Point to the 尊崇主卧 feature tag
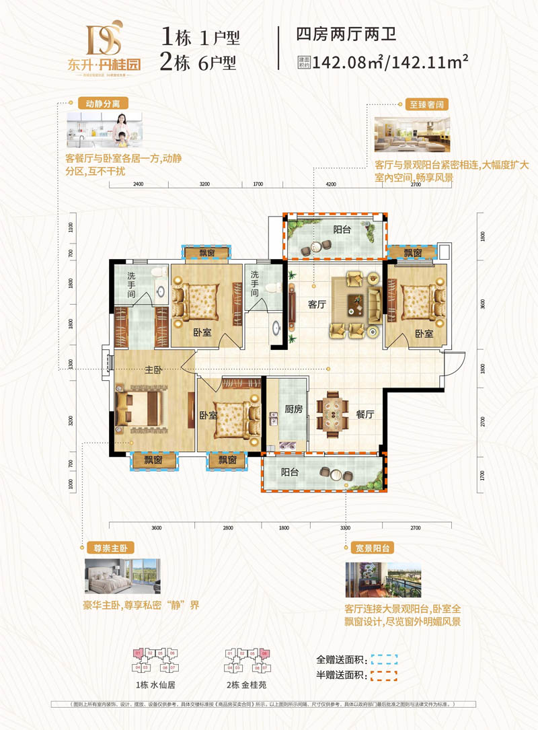[x=102, y=547]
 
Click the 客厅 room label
[x=317, y=304]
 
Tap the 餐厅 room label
[x=364, y=414]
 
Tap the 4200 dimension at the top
[x=331, y=183]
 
